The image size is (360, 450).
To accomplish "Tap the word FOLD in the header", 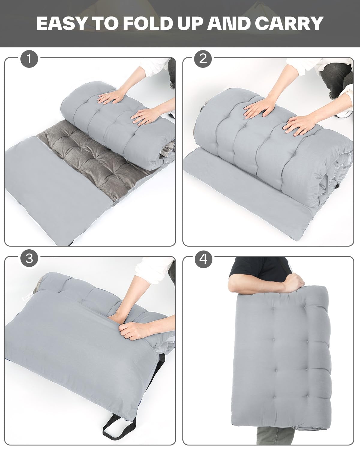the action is pos(148,23).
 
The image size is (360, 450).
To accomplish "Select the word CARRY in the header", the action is pos(289,23).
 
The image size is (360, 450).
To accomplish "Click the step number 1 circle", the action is pos(29,59).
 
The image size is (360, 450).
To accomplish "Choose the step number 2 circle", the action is pos(203,59).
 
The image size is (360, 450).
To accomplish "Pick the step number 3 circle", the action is pos(29,259).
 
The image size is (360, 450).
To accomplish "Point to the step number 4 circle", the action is pos(203,259).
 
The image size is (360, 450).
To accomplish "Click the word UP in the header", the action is pos(190,23).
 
